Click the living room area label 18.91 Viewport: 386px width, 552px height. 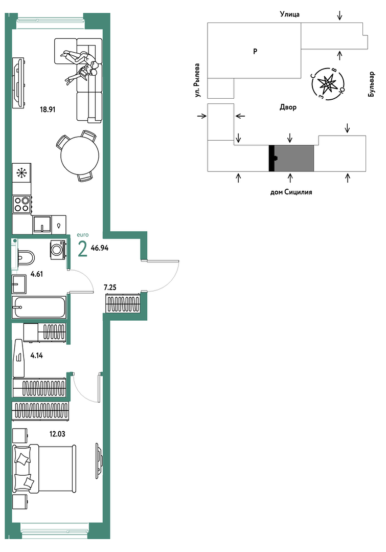point(48,109)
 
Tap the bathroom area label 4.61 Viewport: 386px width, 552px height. point(37,274)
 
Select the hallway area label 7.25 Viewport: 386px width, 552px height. point(110,288)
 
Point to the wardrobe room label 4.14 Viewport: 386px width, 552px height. point(37,356)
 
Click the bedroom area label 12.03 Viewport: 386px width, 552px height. point(57,434)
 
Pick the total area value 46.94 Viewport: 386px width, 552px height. point(100,248)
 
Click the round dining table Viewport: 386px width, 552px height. point(80,155)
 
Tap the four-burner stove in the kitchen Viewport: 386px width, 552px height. point(21,204)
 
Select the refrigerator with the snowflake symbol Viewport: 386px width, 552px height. point(21,172)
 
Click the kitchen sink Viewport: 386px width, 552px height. point(42,225)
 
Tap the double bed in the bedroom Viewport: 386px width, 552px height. point(44,468)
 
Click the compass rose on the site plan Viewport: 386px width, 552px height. point(328,84)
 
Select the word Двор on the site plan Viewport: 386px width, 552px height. point(288,107)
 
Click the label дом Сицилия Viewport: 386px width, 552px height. point(291,192)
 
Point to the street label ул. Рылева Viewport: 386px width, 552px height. point(198,80)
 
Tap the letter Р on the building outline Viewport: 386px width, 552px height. point(255,51)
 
